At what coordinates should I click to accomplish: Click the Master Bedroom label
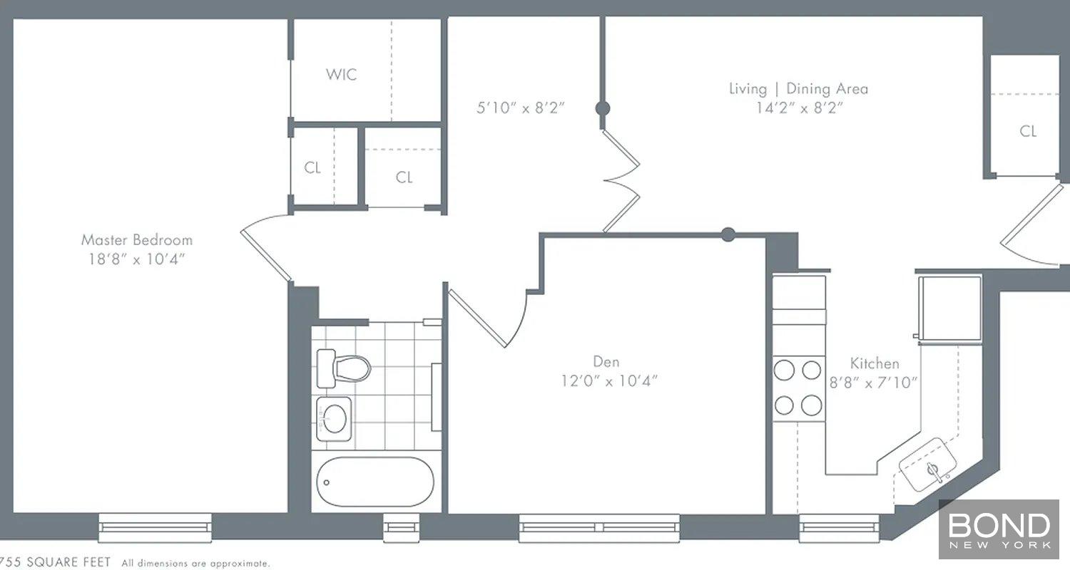[x=137, y=239]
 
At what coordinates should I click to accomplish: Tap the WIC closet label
[x=341, y=74]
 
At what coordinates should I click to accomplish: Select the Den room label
[x=606, y=361]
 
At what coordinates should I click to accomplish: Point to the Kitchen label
[x=874, y=363]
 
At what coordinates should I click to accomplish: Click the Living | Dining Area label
[x=798, y=89]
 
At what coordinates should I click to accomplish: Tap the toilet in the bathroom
[x=343, y=368]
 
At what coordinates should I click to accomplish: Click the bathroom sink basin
[x=334, y=419]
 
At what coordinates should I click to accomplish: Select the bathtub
[x=375, y=482]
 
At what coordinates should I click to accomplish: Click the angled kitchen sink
[x=927, y=465]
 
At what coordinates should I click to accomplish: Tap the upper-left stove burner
[x=784, y=370]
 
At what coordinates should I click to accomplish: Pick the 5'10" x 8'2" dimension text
[x=521, y=108]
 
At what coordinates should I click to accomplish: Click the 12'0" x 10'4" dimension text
[x=609, y=380]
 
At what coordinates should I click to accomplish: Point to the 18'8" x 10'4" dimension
[x=137, y=259]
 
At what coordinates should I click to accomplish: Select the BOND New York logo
[x=999, y=529]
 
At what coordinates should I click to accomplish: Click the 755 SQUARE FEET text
[x=55, y=562]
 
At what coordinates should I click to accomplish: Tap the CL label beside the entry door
[x=1028, y=131]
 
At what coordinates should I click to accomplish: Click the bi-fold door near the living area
[x=621, y=181]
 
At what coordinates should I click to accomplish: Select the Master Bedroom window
[x=155, y=527]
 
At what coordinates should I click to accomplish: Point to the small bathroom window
[x=401, y=527]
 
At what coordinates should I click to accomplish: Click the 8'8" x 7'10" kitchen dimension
[x=873, y=383]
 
